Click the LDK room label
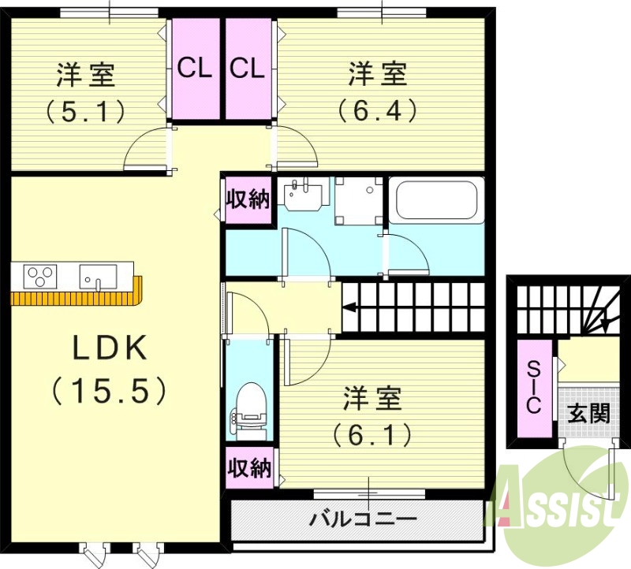click(110, 348)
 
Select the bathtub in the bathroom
click(437, 201)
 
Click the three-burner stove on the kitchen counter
click(41, 277)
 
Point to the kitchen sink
click(98, 277)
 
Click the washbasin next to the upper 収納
click(304, 195)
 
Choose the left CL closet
click(195, 69)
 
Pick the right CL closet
click(247, 69)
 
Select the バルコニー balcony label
click(363, 520)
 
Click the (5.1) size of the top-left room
click(85, 111)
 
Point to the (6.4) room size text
click(378, 110)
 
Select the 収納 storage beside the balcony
click(249, 467)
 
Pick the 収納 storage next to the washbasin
click(248, 199)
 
